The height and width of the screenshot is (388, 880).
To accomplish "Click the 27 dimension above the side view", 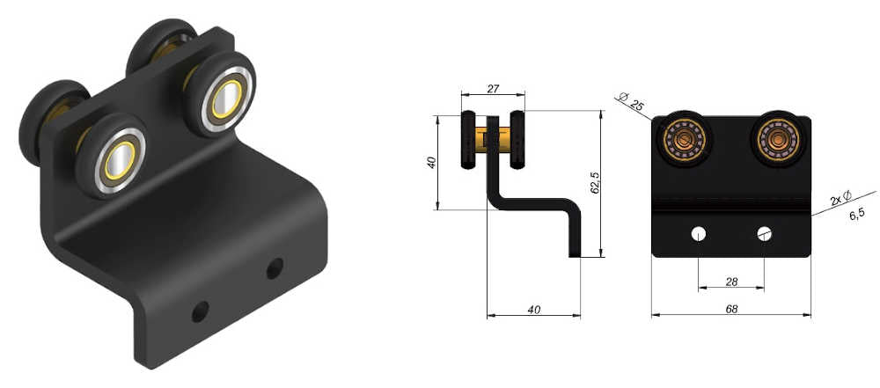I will click(493, 89).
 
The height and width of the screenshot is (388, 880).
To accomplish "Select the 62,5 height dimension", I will click(595, 183).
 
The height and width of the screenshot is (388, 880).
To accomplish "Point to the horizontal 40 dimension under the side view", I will click(534, 309).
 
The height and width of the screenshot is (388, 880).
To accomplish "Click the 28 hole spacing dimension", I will click(730, 282).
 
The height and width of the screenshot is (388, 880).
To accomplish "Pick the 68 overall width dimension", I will click(730, 309).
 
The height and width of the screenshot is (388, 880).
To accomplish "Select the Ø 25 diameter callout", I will click(631, 103).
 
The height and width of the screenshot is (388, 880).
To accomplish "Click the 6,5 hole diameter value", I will click(856, 215).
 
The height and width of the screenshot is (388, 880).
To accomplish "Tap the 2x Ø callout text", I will click(841, 197).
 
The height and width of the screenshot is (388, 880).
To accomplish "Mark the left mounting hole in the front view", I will click(698, 234).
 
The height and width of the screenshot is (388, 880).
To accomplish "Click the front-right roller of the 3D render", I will click(220, 97).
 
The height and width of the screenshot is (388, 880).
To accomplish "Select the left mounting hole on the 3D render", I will click(201, 311).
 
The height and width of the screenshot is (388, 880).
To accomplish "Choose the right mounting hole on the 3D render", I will click(275, 267).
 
